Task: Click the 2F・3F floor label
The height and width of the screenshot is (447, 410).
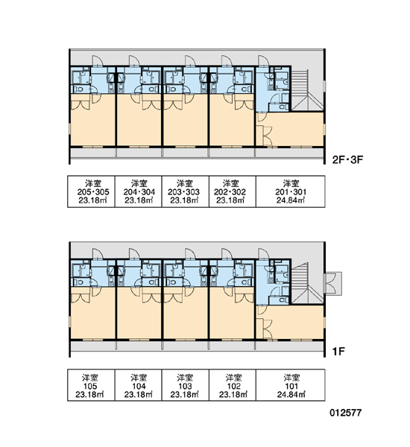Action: click(347, 159)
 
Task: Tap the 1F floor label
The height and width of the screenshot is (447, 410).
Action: click(338, 352)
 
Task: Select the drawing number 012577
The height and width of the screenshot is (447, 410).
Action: click(346, 413)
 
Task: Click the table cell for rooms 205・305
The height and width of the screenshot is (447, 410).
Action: click(91, 191)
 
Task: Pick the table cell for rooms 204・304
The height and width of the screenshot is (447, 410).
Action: click(139, 191)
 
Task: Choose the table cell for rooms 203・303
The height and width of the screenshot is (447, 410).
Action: click(186, 191)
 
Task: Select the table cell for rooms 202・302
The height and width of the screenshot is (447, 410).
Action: click(233, 191)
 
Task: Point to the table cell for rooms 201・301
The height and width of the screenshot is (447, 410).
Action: click(291, 191)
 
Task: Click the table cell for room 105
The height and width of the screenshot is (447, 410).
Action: click(91, 385)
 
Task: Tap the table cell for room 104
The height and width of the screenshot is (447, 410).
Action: click(139, 385)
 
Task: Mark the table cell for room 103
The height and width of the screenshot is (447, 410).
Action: click(186, 385)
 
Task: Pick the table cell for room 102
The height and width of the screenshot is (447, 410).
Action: click(233, 385)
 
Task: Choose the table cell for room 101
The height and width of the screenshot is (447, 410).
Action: click(291, 385)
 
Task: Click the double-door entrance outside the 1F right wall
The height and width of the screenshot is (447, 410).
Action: click(333, 284)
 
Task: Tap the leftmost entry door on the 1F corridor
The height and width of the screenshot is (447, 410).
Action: click(97, 254)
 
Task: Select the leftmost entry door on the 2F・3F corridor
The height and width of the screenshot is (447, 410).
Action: click(97, 61)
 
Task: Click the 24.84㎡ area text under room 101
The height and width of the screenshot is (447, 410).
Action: click(291, 395)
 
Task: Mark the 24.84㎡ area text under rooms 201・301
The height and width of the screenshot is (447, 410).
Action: click(291, 200)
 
